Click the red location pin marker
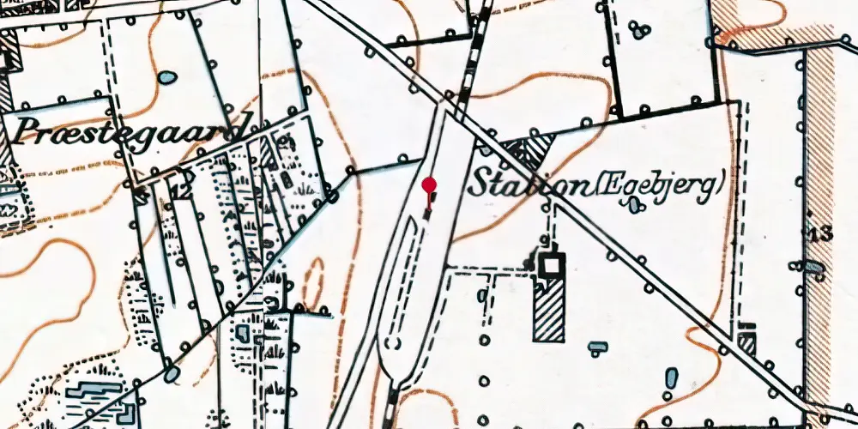[430, 185]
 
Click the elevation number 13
[822, 233]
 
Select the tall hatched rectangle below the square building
[549, 311]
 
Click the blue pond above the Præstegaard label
[167, 78]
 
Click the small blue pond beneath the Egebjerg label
[634, 205]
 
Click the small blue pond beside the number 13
[813, 269]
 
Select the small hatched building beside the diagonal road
[747, 343]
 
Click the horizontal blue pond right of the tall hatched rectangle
[598, 347]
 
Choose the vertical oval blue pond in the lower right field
[671, 377]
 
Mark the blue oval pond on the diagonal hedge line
[172, 373]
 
